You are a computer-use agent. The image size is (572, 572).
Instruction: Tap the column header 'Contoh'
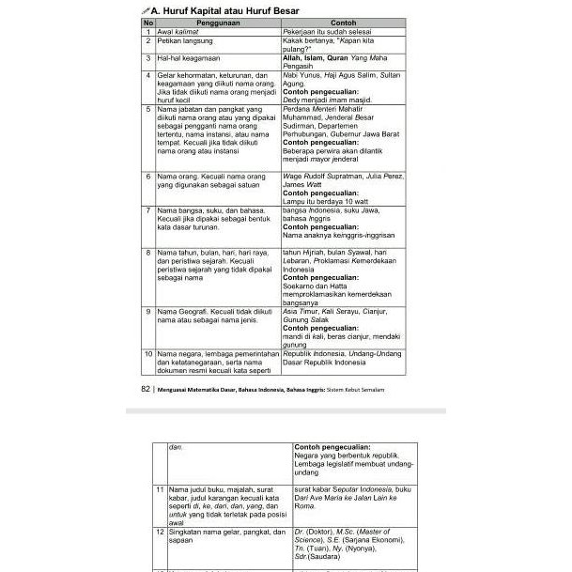coord(344,22)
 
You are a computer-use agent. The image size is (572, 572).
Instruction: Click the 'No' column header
coord(148,22)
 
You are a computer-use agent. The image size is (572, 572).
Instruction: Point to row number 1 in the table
coord(148,31)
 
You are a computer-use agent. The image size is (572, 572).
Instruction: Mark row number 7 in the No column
coord(148,210)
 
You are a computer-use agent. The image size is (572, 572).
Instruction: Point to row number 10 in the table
coord(148,354)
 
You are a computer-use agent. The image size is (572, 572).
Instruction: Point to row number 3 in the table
coord(148,58)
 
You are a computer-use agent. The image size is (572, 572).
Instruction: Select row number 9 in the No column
coord(148,310)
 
